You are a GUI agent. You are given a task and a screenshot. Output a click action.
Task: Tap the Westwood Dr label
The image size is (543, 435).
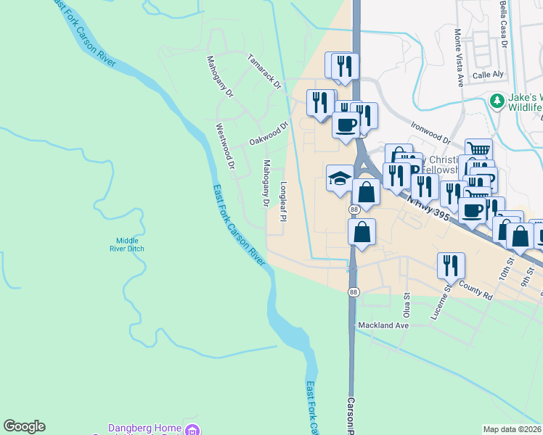pos(226,146)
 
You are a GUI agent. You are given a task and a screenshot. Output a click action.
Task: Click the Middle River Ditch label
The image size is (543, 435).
pos(131,244)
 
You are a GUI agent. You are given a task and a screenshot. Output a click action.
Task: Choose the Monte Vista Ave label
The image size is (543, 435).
pos(459,57)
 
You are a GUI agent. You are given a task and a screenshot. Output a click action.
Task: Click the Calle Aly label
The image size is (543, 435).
pos(488,75)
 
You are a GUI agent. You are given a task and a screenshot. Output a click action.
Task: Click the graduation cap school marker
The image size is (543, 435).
pos(339,178)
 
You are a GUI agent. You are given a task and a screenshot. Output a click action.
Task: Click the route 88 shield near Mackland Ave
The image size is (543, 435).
pos(354,291)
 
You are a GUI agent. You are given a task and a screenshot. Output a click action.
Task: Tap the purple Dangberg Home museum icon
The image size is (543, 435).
pos(192,430)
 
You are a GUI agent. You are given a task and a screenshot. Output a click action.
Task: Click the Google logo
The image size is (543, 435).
pos(24,426)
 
